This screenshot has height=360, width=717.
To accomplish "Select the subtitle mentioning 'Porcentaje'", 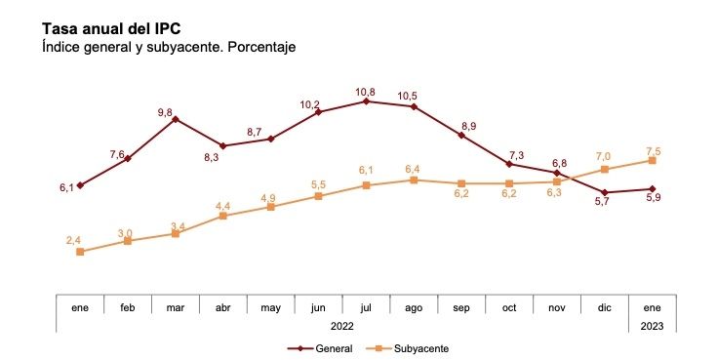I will pos(168,47).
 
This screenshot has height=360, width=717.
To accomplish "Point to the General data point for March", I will pos(175,119).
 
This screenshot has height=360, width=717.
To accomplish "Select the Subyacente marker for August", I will pos(414,180).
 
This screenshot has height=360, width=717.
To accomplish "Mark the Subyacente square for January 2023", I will pos(652,160).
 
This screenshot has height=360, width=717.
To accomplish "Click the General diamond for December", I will pos(605,192).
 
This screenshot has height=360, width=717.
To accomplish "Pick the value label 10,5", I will pos(409,96).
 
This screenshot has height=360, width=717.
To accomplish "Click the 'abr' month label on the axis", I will pos(223,307).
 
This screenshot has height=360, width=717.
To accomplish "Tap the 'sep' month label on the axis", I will pos(461,307).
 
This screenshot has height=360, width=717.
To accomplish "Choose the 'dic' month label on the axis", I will pos(605,307).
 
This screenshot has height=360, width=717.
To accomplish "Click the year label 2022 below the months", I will pos(342,325).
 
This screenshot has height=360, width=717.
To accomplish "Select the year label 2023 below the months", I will pos(652,325).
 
